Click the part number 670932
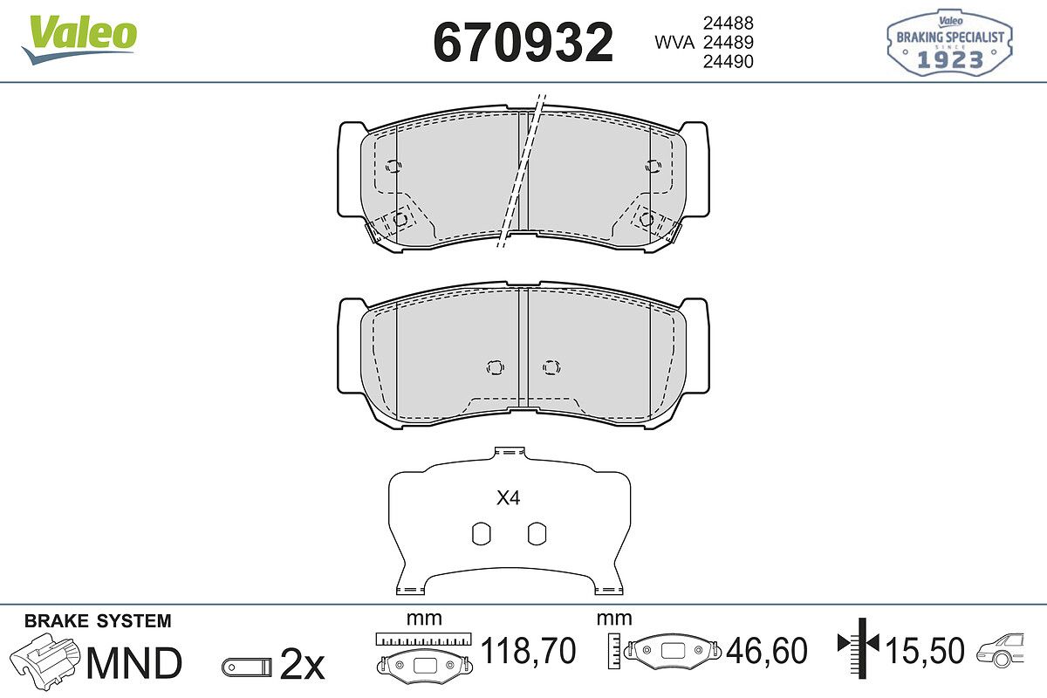pos(523,42)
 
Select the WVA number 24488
pos(729,23)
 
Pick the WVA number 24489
pos(729,42)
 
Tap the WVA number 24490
pos(729,61)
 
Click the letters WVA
pos(674,43)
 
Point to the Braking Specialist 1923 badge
pos(949,42)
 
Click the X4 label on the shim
pos(508,498)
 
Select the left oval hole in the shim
pos(482,533)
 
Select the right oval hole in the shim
pos(537,533)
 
